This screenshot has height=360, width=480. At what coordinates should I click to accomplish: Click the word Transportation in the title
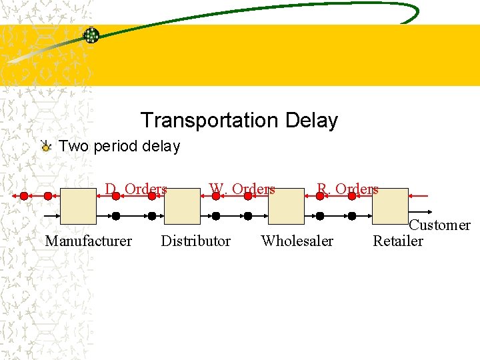[209, 121]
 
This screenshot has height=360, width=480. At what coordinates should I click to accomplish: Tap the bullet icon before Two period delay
[45, 147]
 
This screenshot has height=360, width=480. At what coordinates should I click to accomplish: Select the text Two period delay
[119, 146]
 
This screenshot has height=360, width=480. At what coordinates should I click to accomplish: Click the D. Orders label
[135, 189]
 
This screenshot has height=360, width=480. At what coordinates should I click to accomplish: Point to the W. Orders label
[242, 189]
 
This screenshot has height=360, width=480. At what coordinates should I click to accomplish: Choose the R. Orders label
[347, 189]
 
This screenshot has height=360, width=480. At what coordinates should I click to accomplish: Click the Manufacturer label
[88, 241]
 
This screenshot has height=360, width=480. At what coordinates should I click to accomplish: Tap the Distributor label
[195, 241]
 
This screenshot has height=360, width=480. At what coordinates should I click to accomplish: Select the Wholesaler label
[297, 241]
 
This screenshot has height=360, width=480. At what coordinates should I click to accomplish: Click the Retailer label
[398, 241]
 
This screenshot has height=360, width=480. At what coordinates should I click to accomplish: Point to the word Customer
[439, 225]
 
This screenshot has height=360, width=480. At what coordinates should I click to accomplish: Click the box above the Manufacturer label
[78, 205]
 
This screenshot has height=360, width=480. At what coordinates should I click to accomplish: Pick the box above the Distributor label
[182, 205]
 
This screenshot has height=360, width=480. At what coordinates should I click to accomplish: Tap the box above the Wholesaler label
[286, 205]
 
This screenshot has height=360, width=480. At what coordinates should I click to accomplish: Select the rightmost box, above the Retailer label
[390, 205]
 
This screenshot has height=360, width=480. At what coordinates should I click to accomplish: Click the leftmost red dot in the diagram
[24, 196]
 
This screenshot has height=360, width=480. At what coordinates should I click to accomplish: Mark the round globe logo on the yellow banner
[91, 36]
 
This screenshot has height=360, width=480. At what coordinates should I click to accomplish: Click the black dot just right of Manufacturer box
[116, 216]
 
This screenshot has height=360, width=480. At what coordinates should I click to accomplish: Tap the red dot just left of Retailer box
[354, 196]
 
